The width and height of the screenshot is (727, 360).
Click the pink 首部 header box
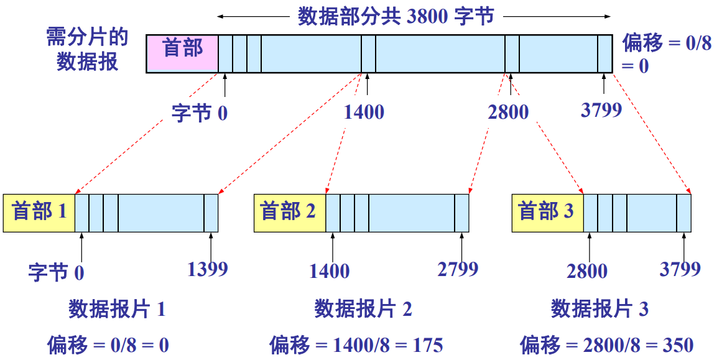tap(182, 53)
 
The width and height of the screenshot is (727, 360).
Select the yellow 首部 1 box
tap(39, 213)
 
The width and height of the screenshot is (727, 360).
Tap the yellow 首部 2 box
tap(289, 213)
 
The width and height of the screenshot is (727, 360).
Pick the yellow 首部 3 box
tap(547, 213)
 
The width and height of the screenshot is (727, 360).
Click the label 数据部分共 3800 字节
tap(396, 16)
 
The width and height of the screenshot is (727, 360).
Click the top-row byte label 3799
tap(601, 110)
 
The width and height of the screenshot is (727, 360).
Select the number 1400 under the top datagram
tap(364, 112)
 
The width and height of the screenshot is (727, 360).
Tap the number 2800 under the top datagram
tap(508, 112)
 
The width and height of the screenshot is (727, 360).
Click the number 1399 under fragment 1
tap(208, 269)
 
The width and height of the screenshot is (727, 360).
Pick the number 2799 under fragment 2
tap(458, 269)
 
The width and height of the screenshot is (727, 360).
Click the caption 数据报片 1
tap(117, 309)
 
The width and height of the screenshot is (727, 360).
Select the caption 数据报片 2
tap(363, 309)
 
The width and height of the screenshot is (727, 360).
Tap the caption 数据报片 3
tap(600, 309)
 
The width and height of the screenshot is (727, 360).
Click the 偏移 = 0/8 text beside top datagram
tap(667, 44)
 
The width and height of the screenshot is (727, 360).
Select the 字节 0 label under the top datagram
tap(199, 114)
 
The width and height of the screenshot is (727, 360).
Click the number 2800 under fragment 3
tap(587, 271)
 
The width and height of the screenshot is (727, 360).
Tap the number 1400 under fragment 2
tap(329, 271)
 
